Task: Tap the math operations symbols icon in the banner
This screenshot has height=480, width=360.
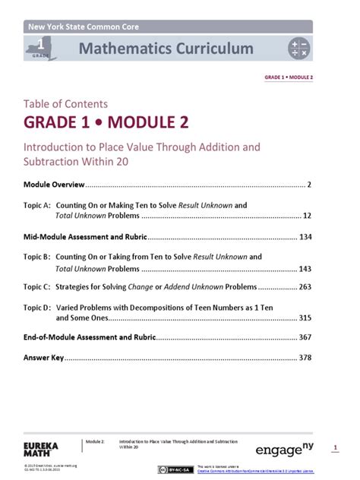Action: pos(298,49)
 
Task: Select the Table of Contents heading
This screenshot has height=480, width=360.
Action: pos(65,104)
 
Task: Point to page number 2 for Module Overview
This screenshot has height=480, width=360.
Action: pos(309,185)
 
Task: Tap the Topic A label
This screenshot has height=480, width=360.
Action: pos(36,205)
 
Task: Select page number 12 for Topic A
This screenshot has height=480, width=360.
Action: pos(307,216)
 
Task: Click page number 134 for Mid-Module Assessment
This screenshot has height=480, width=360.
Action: pos(305,237)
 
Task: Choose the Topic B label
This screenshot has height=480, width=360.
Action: pos(36,257)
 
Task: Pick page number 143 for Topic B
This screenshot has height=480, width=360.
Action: pos(305,268)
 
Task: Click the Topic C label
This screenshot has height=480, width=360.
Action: pos(36,287)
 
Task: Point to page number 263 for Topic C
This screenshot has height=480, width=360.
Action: pos(305,287)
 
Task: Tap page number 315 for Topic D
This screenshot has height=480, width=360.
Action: pos(305,317)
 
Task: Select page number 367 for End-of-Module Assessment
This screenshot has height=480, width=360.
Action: pos(305,336)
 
